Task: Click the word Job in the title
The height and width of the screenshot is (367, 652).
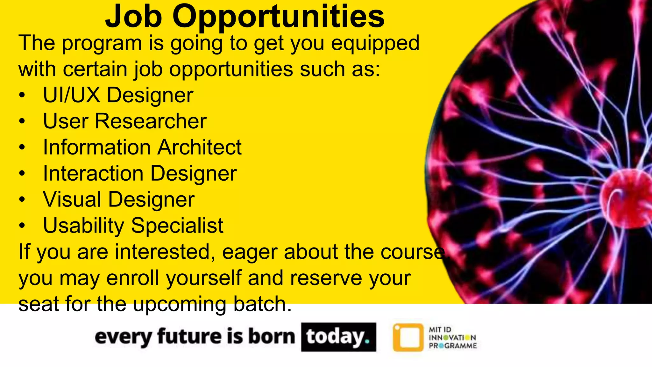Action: click(x=134, y=17)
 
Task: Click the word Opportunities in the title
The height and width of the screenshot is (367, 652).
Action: click(x=279, y=17)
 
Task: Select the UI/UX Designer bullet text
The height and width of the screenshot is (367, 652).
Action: click(x=118, y=95)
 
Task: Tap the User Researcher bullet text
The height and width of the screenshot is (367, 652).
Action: click(x=125, y=121)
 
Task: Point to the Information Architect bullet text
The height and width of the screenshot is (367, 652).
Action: click(x=142, y=147)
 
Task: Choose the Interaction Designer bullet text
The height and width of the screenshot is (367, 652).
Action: click(x=140, y=173)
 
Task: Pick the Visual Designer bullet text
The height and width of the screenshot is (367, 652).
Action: click(x=119, y=199)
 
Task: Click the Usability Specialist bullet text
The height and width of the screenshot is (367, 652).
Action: click(x=133, y=226)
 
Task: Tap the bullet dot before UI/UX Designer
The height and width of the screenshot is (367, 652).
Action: click(x=22, y=96)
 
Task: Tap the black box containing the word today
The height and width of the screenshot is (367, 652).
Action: click(x=338, y=337)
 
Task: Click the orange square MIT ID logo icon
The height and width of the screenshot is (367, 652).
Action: click(x=408, y=337)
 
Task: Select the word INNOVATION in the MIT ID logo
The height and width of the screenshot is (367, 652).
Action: click(x=452, y=338)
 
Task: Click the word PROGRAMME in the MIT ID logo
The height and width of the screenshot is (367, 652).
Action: click(x=453, y=346)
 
